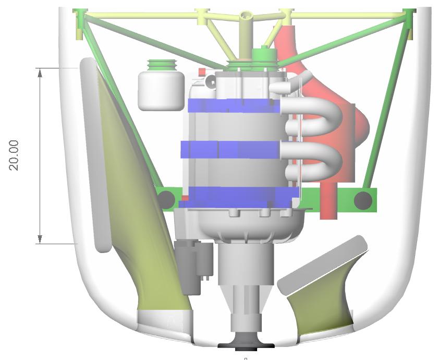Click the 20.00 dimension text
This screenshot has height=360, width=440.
pyautogui.click(x=14, y=155)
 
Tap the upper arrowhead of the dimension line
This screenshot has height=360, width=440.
pyautogui.click(x=40, y=73)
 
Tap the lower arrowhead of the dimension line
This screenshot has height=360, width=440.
pyautogui.click(x=40, y=238)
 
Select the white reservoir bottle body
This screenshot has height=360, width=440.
pyautogui.click(x=161, y=91)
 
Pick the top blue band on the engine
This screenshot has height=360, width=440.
pyautogui.click(x=234, y=106)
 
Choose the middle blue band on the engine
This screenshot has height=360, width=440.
pyautogui.click(x=230, y=149)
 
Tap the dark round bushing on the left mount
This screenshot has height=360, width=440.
pyautogui.click(x=166, y=200)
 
